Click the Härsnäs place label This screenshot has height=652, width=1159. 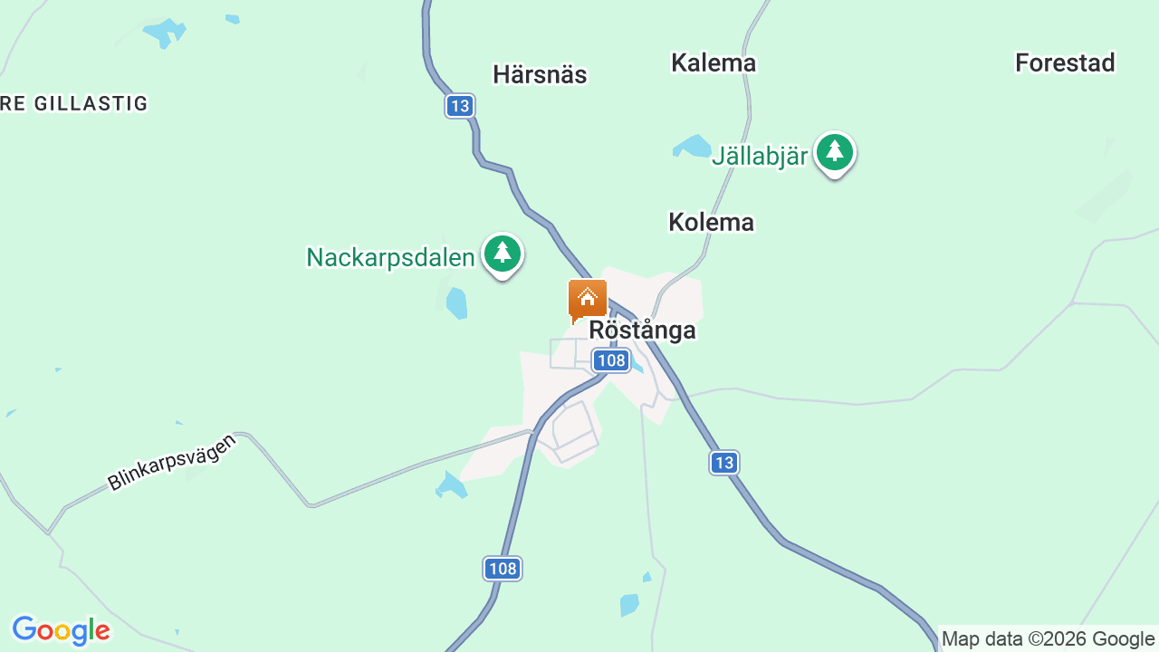[540, 74]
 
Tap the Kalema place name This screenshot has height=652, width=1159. [714, 62]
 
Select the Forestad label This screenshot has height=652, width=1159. [1065, 62]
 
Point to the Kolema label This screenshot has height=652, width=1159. [711, 222]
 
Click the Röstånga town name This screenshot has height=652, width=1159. [642, 331]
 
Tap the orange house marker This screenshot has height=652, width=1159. [587, 300]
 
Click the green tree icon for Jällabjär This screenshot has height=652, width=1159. [834, 153]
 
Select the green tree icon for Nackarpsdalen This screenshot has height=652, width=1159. [502, 254]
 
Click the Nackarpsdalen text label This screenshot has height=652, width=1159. [390, 258]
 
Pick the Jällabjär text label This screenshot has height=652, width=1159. [759, 156]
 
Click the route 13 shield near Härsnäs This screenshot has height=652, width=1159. [460, 106]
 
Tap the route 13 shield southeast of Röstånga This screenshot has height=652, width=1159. [723, 463]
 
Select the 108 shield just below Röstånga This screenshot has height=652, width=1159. [611, 360]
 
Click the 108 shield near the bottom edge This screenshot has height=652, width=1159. [503, 569]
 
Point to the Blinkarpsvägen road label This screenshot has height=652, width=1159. [171, 462]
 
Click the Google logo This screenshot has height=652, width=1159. [61, 630]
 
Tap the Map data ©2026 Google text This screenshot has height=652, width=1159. [1048, 638]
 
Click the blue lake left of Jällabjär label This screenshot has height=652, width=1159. [694, 146]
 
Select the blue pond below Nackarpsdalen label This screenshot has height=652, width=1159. [457, 303]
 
